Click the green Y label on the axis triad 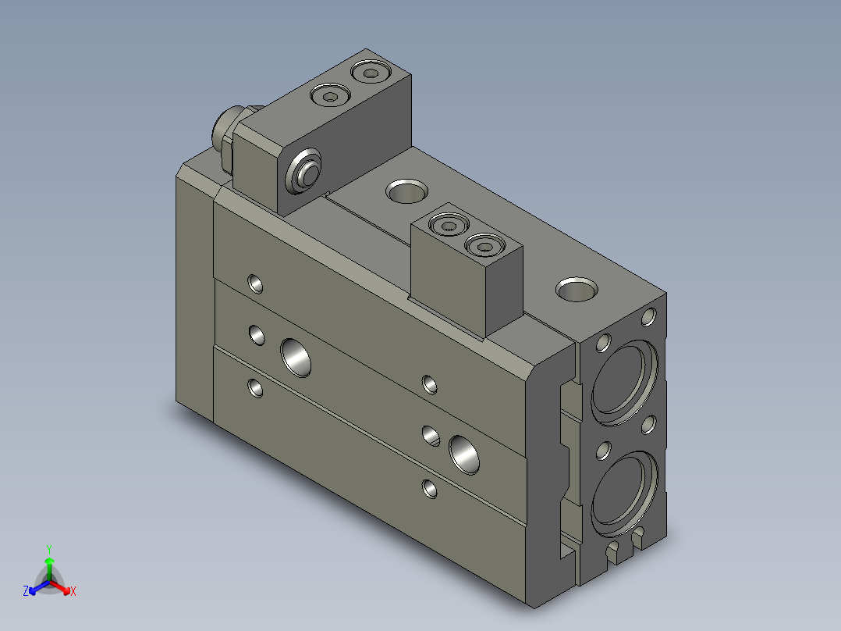click(x=48, y=548)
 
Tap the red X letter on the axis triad click(x=73, y=591)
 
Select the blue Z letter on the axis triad click(x=26, y=591)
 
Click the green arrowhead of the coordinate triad click(x=49, y=561)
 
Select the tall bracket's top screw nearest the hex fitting click(x=328, y=97)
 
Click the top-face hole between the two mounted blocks click(x=406, y=189)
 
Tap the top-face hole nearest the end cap click(x=577, y=288)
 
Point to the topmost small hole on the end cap click(x=648, y=317)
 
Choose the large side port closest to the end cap click(x=465, y=453)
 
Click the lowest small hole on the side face click(x=428, y=489)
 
